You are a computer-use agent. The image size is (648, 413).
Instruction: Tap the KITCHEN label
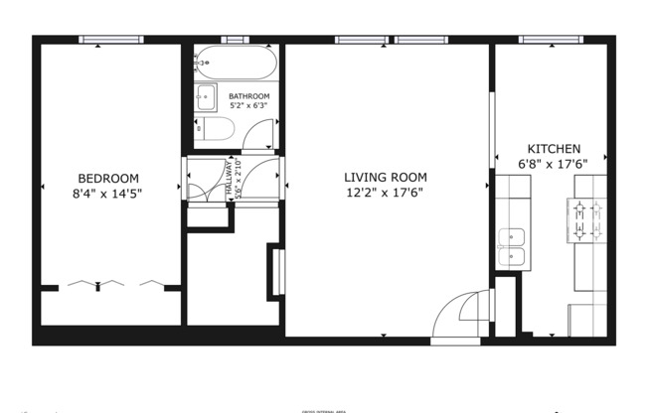[x=554, y=148]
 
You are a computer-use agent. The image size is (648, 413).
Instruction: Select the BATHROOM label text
[x=249, y=96]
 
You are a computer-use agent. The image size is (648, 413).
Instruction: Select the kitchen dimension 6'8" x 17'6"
[x=554, y=164]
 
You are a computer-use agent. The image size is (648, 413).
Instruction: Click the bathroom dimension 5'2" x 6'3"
[x=249, y=106]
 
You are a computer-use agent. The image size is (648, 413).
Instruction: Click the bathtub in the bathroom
[x=237, y=63]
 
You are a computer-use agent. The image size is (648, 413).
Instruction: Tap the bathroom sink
[x=207, y=96]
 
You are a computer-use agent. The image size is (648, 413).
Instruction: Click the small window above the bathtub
[x=236, y=40]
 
